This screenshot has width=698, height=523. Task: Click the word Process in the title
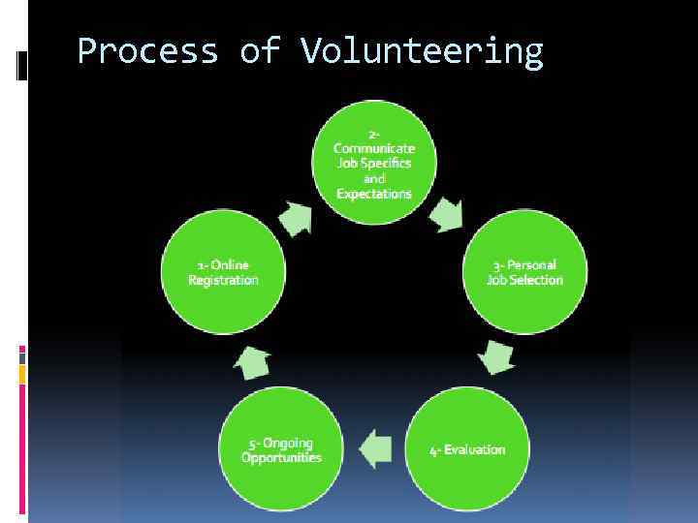pyautogui.click(x=147, y=50)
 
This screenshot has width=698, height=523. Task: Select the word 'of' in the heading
pyautogui.click(x=259, y=50)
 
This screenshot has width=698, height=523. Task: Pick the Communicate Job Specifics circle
pyautogui.click(x=374, y=164)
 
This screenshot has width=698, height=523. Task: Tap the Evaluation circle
pyautogui.click(x=467, y=449)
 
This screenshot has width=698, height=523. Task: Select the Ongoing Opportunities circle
pyautogui.click(x=281, y=449)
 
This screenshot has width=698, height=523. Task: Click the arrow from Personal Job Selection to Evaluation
pyautogui.click(x=496, y=355)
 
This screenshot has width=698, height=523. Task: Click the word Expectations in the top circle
pyautogui.click(x=374, y=194)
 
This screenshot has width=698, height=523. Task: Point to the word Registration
pyautogui.click(x=224, y=280)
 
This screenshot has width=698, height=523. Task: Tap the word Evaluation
pyautogui.click(x=475, y=450)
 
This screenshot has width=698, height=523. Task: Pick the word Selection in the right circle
pyautogui.click(x=539, y=280)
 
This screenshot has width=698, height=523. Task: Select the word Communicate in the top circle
pyautogui.click(x=374, y=148)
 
